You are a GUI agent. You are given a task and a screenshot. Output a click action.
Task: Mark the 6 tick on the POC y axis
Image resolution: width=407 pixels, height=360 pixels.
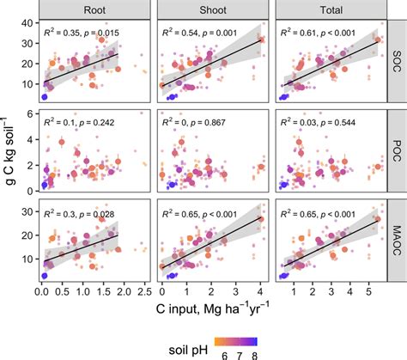coord(33,113)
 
